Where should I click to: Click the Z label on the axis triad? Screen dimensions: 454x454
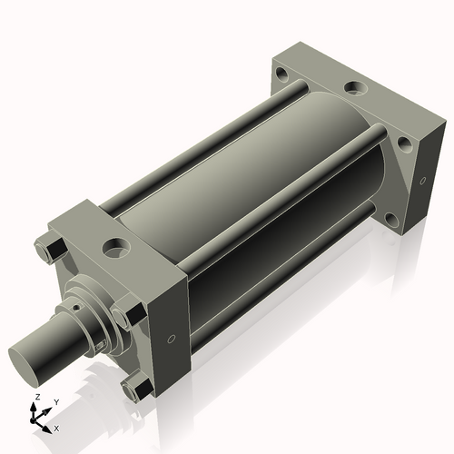pos(37,397)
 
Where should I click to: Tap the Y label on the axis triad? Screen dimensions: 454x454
pos(56,402)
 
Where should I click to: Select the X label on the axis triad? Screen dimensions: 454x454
pos(56,429)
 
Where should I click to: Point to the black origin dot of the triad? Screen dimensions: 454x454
pos(32,420)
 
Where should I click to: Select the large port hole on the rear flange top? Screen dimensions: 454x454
pos(356,88)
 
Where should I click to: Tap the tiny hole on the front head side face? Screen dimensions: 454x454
pos(172,339)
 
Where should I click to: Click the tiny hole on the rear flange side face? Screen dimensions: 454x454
pos(423,181)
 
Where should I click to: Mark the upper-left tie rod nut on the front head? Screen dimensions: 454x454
pos(51,248)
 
